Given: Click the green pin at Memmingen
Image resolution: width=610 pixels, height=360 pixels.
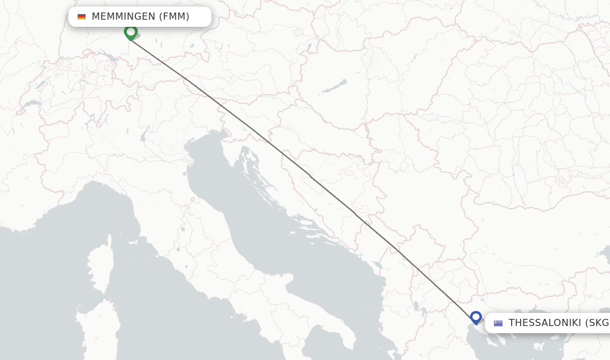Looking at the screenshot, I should pos(130,32).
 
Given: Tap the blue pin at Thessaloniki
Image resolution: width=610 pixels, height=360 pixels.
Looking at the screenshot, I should pos(475,317).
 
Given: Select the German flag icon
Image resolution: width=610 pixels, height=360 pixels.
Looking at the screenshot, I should pos(82,17).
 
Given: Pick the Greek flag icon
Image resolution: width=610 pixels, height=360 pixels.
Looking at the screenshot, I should pos(498,323).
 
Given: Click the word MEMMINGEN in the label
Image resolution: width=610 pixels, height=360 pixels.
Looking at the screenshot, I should pos(123,17).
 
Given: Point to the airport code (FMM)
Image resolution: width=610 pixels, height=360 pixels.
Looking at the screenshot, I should pos(174,17).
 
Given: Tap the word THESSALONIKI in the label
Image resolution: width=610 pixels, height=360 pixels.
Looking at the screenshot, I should pos(544,323).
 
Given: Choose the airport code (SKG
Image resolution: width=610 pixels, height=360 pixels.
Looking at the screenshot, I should pos(597,323).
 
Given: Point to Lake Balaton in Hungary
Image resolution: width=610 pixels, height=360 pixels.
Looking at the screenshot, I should pos(335,86).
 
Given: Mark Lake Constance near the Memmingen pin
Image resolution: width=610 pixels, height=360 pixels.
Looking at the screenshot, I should pos(109,57).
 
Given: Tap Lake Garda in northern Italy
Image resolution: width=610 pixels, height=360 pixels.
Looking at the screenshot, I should pos(143,138).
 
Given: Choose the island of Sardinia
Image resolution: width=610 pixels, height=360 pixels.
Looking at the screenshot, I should pos(95,331).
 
